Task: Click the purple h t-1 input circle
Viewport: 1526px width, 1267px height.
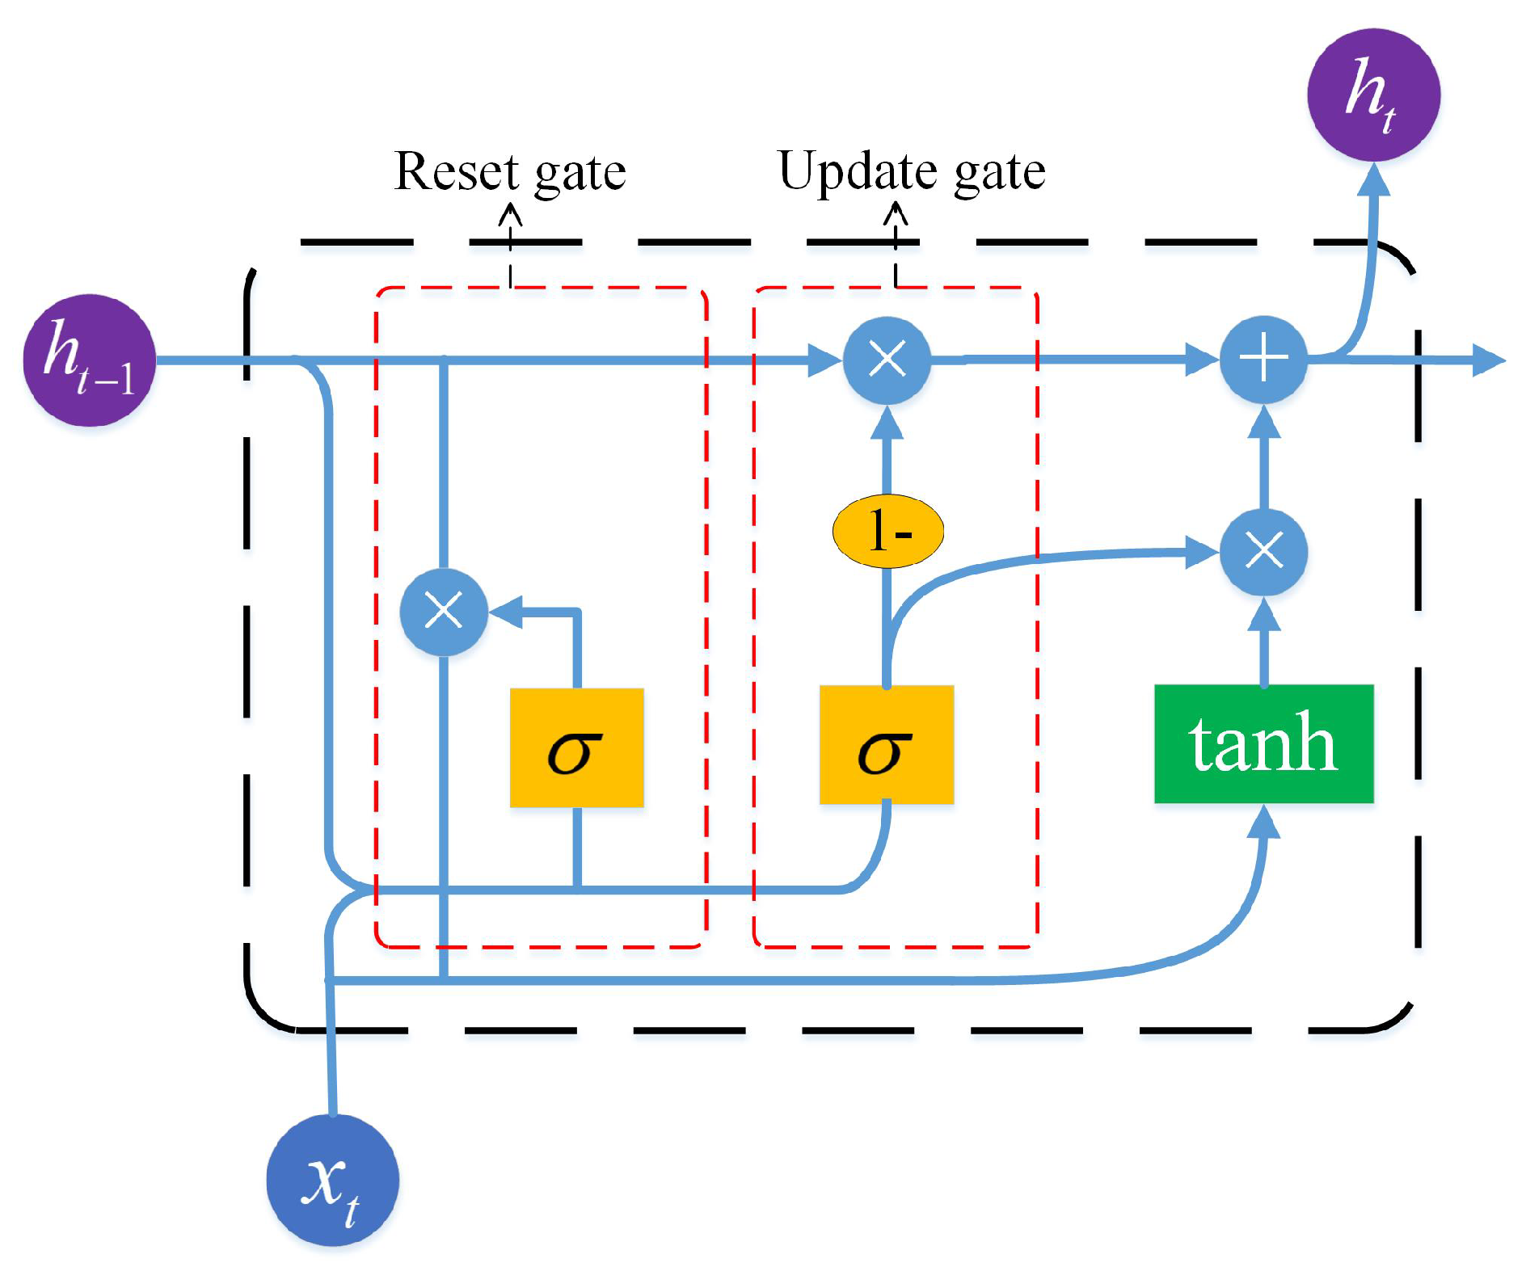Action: coord(89,360)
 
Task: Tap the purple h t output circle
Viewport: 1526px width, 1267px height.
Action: coord(1374,95)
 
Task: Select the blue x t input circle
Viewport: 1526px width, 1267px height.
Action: coord(333,1181)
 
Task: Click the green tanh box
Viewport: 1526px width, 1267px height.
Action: coord(1264,743)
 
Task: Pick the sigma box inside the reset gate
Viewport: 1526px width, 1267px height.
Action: coord(577,747)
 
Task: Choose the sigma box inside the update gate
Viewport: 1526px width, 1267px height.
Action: coord(887,744)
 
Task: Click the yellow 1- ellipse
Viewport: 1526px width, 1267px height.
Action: coord(888,531)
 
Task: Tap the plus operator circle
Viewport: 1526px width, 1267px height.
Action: coord(1264,360)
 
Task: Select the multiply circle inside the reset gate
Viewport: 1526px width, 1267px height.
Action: coord(444,612)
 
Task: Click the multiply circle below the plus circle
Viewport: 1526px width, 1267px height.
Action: coord(1264,552)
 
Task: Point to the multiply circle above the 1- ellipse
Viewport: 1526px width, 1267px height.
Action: coord(887,360)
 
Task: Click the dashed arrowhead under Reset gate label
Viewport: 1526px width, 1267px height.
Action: coord(510,214)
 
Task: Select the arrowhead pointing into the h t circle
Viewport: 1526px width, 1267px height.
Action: coord(1374,179)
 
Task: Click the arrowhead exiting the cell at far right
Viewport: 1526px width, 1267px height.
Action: coord(1489,360)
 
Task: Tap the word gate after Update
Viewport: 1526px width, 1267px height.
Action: coord(1000,173)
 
